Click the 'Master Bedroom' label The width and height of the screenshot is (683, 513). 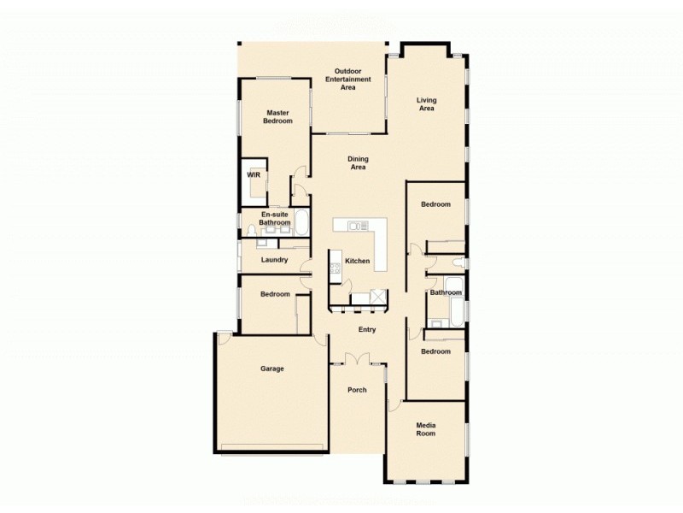tap(278, 117)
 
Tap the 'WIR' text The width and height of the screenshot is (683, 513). tap(253, 174)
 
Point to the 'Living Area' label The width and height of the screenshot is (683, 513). tap(426, 105)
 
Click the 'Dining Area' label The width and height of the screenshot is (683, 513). tap(358, 163)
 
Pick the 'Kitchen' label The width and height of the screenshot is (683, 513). tap(357, 261)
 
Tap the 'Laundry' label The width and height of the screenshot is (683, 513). tap(274, 260)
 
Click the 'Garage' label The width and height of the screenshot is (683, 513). tap(272, 369)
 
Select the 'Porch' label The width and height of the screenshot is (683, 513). tap(357, 390)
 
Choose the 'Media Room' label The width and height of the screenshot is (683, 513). tap(426, 429)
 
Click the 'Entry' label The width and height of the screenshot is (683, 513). tap(367, 329)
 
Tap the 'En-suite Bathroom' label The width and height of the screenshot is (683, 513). tap(275, 219)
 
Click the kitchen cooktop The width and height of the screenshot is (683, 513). tap(335, 269)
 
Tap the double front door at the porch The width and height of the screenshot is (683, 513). tap(357, 360)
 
